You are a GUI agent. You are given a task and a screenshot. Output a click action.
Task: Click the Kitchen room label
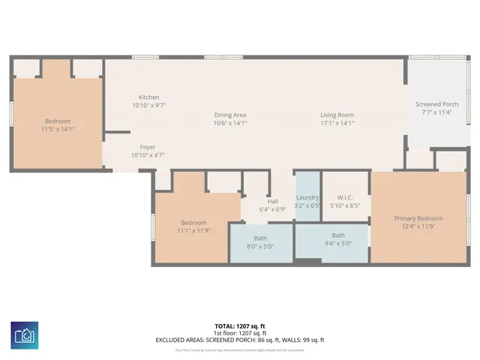pos(148,97)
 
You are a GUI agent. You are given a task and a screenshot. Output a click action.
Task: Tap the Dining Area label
pos(230,115)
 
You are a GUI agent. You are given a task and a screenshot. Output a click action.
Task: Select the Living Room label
pos(336,115)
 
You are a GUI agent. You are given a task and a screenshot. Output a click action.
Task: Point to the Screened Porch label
pos(437,104)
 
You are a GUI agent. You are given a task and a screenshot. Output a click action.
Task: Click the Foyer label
pos(148,147)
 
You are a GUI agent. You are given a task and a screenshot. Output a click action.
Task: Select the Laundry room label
pos(307,197)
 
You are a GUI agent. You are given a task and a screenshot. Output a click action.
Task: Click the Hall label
pos(273,201)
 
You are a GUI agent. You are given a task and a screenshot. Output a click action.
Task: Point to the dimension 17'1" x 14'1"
pos(336,123)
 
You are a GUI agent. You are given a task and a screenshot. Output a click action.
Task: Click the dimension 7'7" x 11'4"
pos(437,112)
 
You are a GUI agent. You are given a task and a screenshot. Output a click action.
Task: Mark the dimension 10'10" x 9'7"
pos(148,106)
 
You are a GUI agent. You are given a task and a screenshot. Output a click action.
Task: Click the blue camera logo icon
pos(25,334)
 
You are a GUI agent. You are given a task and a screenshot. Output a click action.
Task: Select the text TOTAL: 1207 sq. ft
pos(239,326)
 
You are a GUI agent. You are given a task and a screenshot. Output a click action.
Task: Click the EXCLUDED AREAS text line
pos(239,340)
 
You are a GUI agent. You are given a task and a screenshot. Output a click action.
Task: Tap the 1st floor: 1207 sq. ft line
pos(239,333)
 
